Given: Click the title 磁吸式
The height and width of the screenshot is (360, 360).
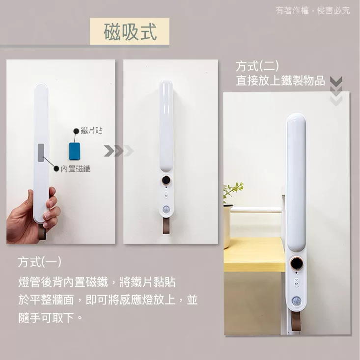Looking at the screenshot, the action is [130, 31].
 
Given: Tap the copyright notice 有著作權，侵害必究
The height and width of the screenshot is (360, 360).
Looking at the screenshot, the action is [313, 10].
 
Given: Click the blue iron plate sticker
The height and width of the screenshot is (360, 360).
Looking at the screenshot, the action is [75, 151].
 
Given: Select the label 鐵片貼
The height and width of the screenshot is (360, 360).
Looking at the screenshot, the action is [92, 131].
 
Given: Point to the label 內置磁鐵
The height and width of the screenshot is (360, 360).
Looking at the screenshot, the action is [76, 169].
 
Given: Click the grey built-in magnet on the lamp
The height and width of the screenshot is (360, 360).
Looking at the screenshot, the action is [41, 153].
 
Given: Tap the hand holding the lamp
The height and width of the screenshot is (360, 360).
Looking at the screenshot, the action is [32, 216].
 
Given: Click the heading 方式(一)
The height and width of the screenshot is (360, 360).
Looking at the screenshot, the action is [39, 262].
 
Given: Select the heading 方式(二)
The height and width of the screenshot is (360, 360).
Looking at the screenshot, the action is [257, 66].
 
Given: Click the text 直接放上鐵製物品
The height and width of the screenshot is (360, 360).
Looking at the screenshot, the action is [280, 81].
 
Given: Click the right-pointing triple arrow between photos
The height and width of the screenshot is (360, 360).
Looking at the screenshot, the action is [118, 151].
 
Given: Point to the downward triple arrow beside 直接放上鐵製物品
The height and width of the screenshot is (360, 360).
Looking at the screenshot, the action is [336, 91].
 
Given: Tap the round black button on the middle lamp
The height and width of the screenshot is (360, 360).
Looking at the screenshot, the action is [166, 180].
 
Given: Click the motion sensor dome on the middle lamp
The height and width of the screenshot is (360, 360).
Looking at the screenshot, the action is [166, 209].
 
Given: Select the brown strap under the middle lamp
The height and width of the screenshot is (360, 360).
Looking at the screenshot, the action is [166, 225].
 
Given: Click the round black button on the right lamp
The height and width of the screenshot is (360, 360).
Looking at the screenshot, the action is [297, 263].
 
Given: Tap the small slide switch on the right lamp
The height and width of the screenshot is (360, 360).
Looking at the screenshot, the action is [297, 282].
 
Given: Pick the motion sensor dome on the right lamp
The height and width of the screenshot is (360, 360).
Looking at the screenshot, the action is [297, 301].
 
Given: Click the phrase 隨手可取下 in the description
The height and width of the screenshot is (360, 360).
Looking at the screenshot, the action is [46, 318].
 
